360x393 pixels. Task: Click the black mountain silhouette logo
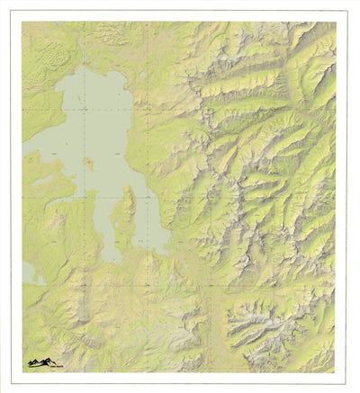click(39, 362)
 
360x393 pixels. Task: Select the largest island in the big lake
click(88, 163)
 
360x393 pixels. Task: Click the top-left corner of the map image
click(22, 22)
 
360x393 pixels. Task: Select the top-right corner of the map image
click(336, 22)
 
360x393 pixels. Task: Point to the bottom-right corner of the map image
click(336, 372)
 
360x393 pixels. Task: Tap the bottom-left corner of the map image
click(22, 372)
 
